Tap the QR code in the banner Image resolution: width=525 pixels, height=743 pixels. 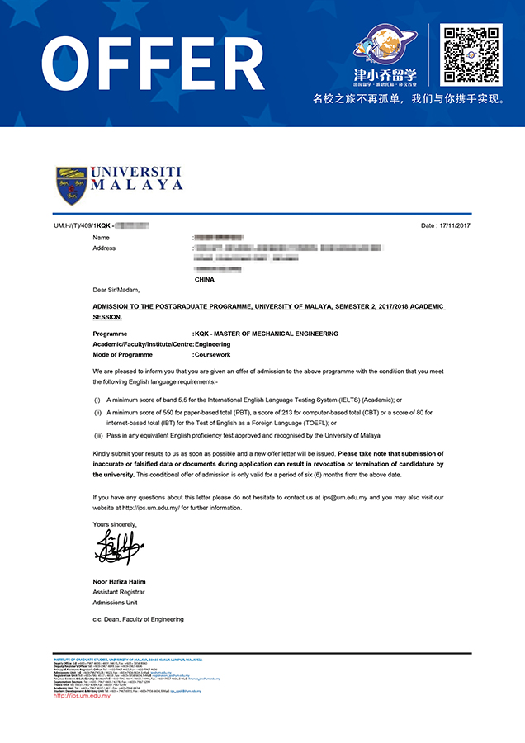471,54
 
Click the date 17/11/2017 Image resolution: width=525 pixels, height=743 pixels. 454,225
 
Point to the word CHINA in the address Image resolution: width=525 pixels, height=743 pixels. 204,280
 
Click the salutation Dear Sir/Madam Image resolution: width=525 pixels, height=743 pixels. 116,291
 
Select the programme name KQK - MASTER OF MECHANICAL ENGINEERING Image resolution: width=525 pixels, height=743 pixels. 267,334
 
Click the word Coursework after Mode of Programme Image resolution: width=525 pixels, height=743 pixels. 213,355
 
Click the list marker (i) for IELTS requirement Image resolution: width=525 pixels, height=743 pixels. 97,400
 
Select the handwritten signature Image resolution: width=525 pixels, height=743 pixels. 119,547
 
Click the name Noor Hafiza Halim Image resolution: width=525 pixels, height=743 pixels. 119,582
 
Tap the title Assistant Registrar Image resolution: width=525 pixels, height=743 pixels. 119,593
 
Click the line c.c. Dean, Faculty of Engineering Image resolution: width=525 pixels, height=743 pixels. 138,619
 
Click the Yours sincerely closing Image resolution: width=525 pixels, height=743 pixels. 113,524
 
